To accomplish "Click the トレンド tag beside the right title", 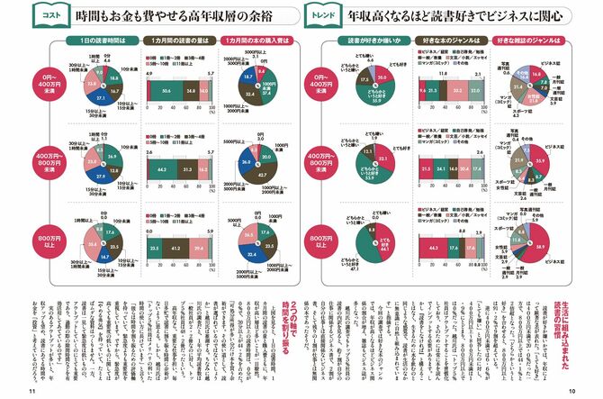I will tap(328, 16).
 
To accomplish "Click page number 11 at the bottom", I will tap(32, 391).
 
